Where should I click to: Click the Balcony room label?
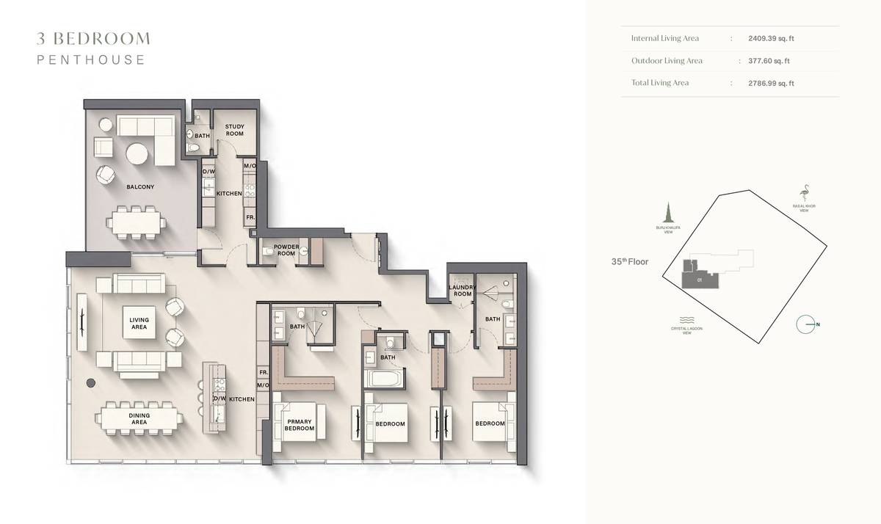pos(140,186)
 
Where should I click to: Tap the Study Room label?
pos(234,131)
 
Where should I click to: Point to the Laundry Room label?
pos(462,290)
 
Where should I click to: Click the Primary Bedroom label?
pos(299,426)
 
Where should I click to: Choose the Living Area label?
pos(139,323)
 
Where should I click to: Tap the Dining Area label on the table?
pos(139,419)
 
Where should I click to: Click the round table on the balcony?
pos(137,153)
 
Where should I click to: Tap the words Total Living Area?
pos(659,83)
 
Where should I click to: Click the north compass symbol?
pos(806,324)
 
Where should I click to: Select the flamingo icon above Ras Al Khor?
pos(805,192)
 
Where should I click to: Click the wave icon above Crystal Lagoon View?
pos(687,321)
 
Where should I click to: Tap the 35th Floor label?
pos(630,261)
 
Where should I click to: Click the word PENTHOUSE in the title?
pos(91,60)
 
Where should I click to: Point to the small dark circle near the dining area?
pos(91,382)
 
